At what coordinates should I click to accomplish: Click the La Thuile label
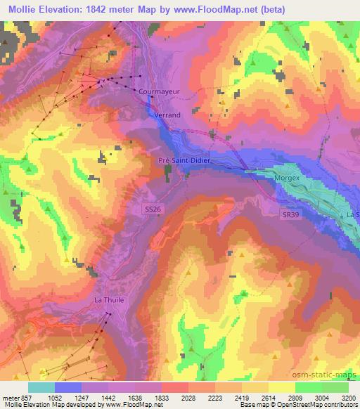109,300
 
